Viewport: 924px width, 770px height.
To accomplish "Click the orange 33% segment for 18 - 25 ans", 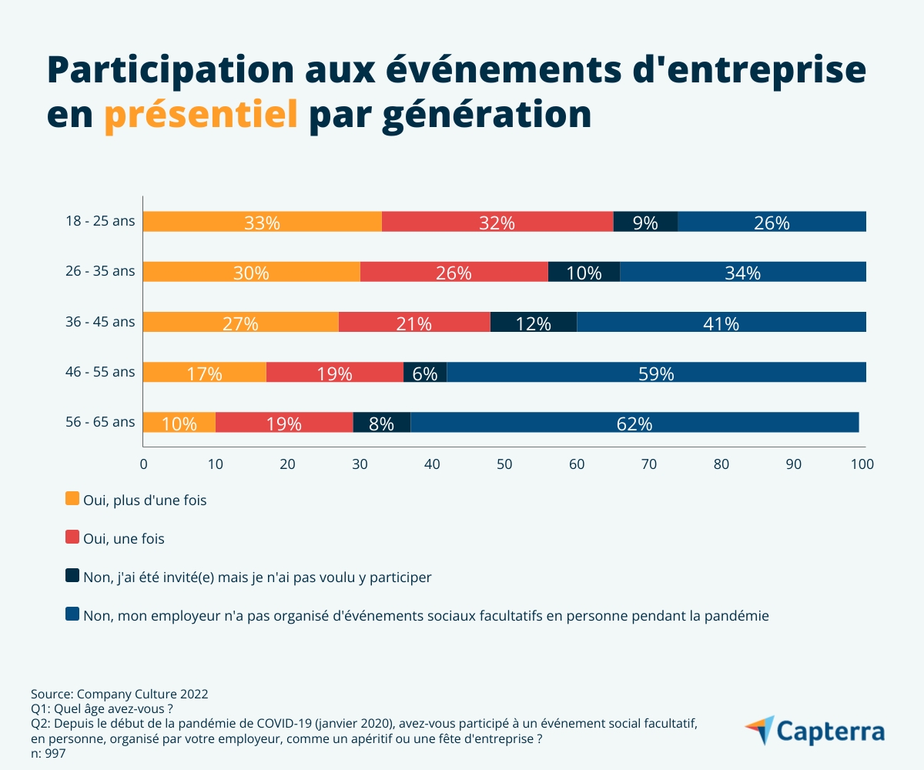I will [262, 222].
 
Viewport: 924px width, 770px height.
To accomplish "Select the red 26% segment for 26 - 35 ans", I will [454, 272].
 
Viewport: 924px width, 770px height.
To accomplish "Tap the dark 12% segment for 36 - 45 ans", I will [533, 322].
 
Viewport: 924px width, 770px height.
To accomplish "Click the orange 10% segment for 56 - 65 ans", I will [179, 422].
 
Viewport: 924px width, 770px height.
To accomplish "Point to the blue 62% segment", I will [634, 422].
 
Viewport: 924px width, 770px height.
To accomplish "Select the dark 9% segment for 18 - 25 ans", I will [645, 222].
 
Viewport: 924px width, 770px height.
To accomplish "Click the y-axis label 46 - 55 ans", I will [100, 372].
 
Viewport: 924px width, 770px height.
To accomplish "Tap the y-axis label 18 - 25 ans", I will [100, 222].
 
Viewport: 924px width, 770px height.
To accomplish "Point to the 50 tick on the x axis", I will [504, 464].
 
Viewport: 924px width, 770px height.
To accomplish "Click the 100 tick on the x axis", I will [862, 464].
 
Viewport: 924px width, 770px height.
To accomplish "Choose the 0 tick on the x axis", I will [143, 464].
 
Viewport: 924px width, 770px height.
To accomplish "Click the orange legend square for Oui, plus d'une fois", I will [73, 499].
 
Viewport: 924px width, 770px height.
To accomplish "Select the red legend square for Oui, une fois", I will [73, 538].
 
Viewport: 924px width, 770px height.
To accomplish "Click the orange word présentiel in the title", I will [201, 115].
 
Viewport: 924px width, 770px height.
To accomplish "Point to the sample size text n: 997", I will [49, 754].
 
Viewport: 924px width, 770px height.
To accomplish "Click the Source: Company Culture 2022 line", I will [119, 694].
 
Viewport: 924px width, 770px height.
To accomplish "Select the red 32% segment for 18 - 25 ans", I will [497, 222].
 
